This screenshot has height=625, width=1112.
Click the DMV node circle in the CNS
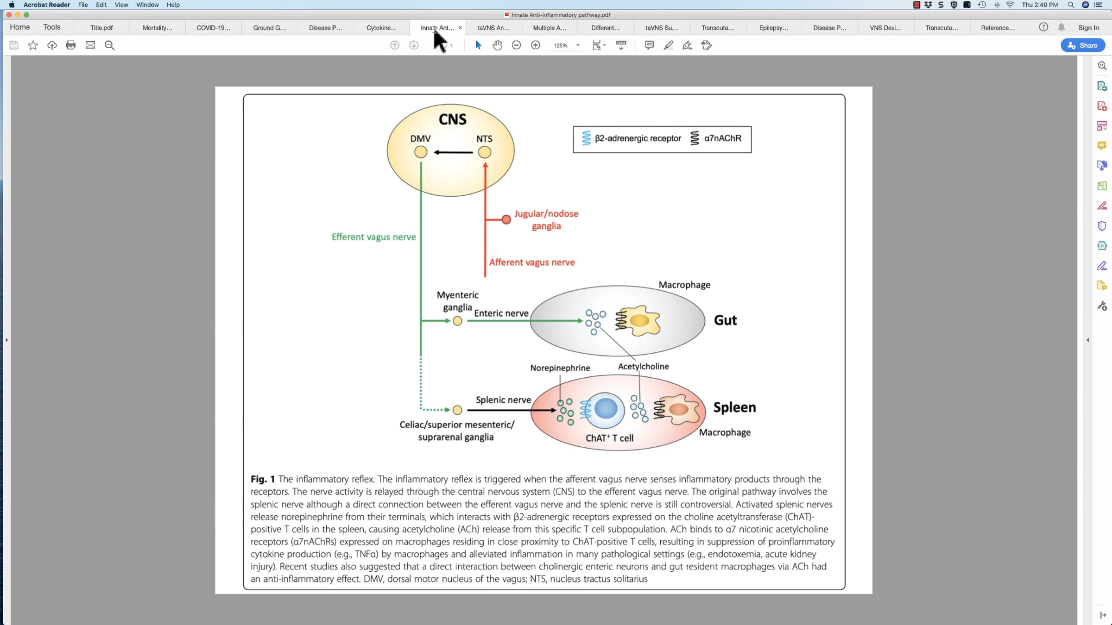[x=421, y=152]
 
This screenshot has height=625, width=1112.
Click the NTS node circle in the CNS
[x=485, y=152]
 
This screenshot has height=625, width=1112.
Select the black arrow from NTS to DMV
[x=453, y=152]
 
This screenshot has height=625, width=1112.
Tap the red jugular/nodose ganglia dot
[x=506, y=219]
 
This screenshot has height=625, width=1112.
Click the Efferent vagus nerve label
[x=374, y=237]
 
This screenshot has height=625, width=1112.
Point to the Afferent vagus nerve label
[x=532, y=262]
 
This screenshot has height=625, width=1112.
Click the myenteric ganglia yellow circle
[x=457, y=321]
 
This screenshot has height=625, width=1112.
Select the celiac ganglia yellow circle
[x=457, y=410]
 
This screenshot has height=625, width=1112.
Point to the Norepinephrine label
[x=560, y=368]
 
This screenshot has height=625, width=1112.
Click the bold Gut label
[x=725, y=320]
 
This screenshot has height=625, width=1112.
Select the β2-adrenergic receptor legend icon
[x=586, y=138]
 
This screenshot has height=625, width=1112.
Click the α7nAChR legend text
[x=723, y=138]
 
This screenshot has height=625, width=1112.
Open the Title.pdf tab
[x=101, y=28]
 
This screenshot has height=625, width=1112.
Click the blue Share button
[x=1082, y=45]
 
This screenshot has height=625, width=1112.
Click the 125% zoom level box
[x=565, y=45]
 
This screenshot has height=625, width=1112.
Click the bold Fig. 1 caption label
[x=263, y=479]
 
